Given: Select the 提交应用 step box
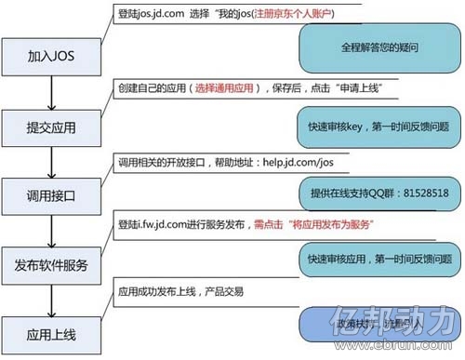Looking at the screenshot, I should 52,126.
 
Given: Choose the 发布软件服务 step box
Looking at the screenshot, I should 52,265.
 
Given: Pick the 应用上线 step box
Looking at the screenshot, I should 52,332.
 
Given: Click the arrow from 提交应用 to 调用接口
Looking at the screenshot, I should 52,161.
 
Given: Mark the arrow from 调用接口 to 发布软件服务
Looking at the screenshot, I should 52,231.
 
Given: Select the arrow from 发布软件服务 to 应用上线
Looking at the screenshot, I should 52,300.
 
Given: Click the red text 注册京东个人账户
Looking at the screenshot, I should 287,16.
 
